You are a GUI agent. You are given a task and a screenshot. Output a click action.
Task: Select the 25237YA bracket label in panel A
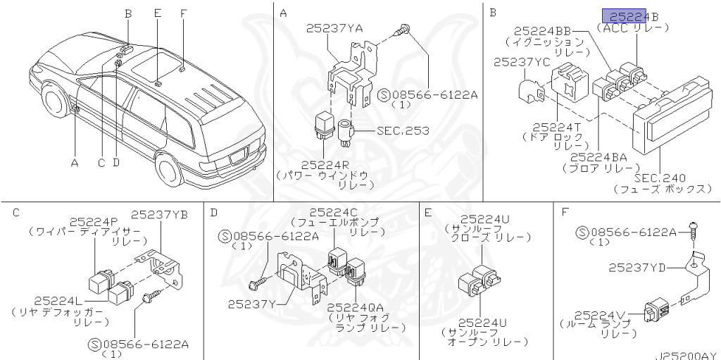[x=334, y=28]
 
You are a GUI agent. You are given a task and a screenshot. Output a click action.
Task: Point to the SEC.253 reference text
[x=403, y=130]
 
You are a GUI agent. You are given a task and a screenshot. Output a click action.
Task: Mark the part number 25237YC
[x=522, y=62]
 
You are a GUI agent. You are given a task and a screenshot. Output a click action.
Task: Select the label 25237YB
[x=159, y=214]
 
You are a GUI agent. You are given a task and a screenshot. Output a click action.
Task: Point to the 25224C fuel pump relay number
[x=337, y=212]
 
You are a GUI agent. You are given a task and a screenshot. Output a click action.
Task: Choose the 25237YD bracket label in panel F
[x=637, y=267]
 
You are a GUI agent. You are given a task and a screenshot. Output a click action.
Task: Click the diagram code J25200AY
[x=687, y=354]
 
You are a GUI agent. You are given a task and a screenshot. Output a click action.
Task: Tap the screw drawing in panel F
[x=693, y=228]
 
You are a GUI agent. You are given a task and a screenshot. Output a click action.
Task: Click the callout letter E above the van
[x=157, y=13]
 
